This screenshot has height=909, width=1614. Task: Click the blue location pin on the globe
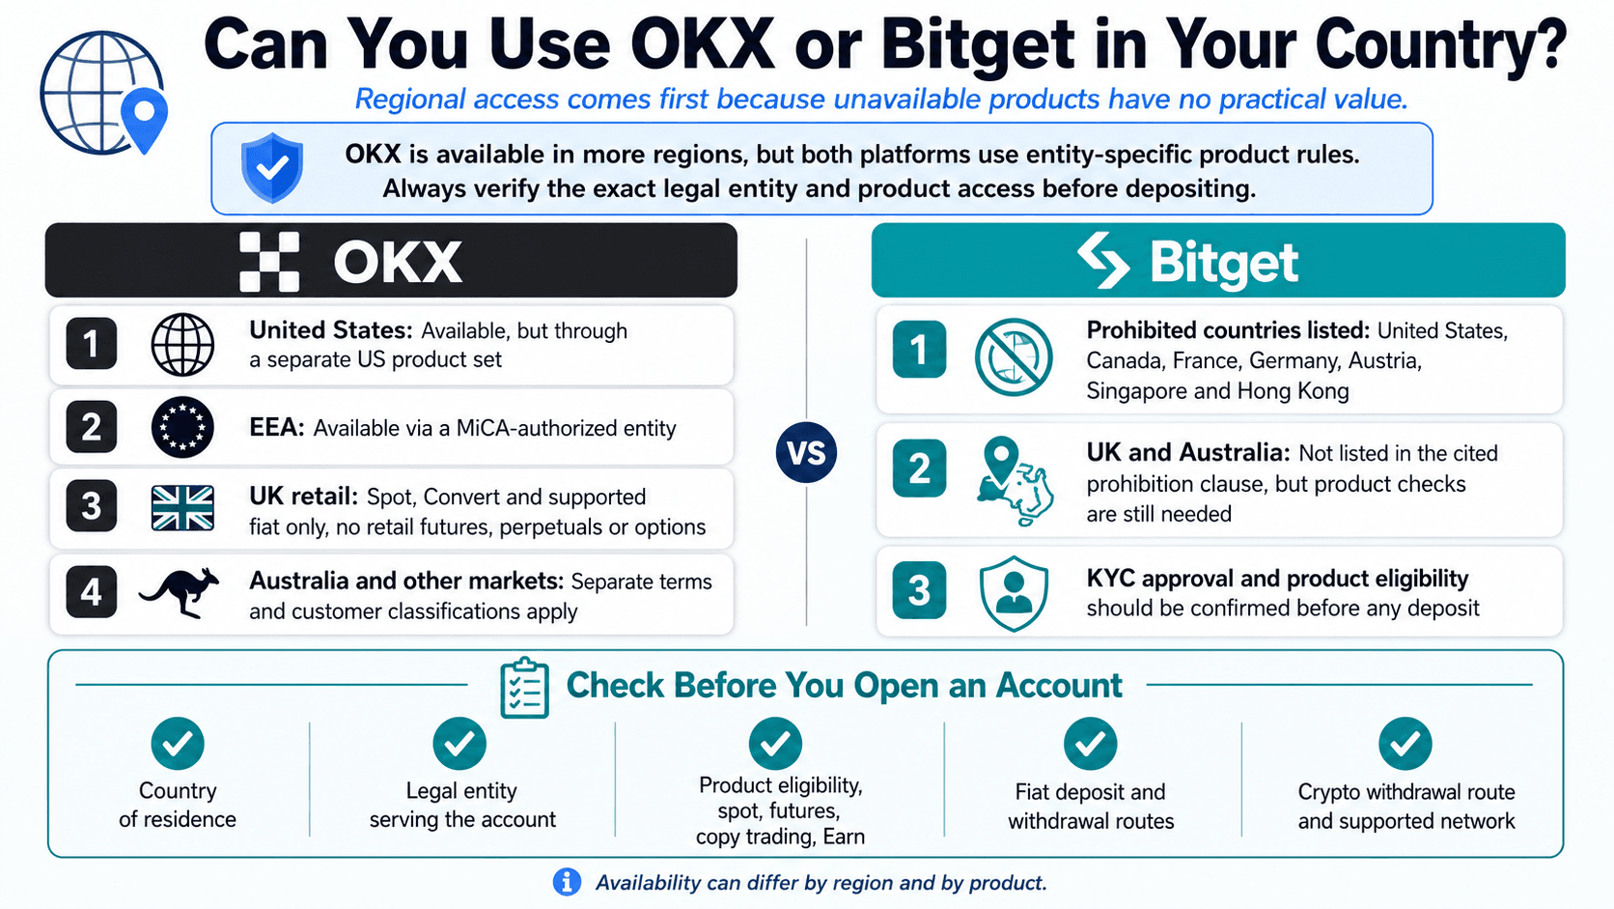click(x=144, y=118)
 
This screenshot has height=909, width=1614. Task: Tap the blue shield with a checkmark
click(x=272, y=167)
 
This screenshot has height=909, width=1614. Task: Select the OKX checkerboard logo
click(x=269, y=262)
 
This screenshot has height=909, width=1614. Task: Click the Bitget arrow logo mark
click(x=1103, y=260)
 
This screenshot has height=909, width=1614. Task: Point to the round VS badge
click(x=806, y=453)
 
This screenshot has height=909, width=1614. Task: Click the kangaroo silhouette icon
click(x=180, y=592)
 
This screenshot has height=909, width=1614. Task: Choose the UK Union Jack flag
click(x=182, y=508)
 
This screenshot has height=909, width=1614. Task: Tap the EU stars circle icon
click(x=182, y=428)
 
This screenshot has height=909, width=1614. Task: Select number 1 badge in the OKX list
click(x=92, y=344)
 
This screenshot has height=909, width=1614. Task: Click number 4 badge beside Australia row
click(x=92, y=592)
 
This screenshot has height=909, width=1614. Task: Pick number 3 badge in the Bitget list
click(x=919, y=590)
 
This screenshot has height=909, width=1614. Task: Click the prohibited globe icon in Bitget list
click(x=1013, y=356)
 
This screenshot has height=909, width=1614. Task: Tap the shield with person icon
click(x=1013, y=593)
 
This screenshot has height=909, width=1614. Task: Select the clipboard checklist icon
click(x=524, y=688)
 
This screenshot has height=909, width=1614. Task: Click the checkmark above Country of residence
click(x=178, y=743)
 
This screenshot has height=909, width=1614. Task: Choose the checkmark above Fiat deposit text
click(x=1090, y=743)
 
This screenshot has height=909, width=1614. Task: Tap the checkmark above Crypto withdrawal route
click(x=1405, y=743)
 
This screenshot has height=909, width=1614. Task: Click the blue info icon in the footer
click(x=567, y=882)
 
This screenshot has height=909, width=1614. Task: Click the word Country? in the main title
click(x=1440, y=44)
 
